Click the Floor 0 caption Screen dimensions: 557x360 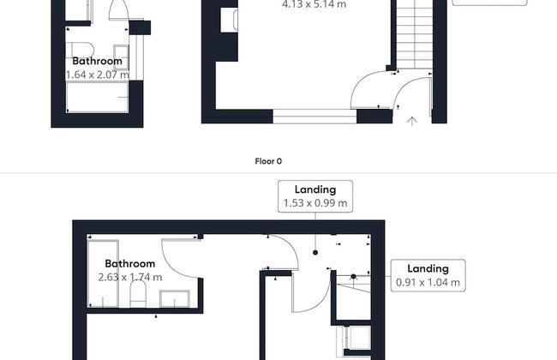pyautogui.click(x=268, y=161)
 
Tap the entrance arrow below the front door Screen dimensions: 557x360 pyautogui.click(x=411, y=122)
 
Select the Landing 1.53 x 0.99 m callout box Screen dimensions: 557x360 pyautogui.click(x=315, y=196)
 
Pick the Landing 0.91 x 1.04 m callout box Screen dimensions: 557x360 pyautogui.click(x=428, y=275)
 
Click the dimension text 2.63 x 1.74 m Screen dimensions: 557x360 pyautogui.click(x=130, y=277)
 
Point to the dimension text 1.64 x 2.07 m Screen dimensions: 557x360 pyautogui.click(x=98, y=75)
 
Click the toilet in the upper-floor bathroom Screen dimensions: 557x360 pyautogui.click(x=138, y=294)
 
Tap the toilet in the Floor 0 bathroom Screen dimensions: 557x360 pyautogui.click(x=80, y=50)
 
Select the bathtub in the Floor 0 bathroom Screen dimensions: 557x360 pyautogui.click(x=98, y=97)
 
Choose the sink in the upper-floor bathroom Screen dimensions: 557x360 pyautogui.click(x=175, y=298)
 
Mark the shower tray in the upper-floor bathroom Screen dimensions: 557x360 pyautogui.click(x=104, y=273)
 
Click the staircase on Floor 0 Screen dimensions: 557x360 pyautogui.click(x=414, y=35)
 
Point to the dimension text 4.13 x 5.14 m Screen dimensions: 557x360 pyautogui.click(x=314, y=4)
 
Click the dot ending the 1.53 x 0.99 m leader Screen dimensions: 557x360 pyautogui.click(x=315, y=253)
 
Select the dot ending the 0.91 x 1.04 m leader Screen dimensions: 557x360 pyautogui.click(x=353, y=276)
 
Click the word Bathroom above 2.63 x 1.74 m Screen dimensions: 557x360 pyautogui.click(x=130, y=264)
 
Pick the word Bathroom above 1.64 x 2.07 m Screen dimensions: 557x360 pyautogui.click(x=98, y=61)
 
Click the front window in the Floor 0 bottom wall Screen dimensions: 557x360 pyautogui.click(x=314, y=117)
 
